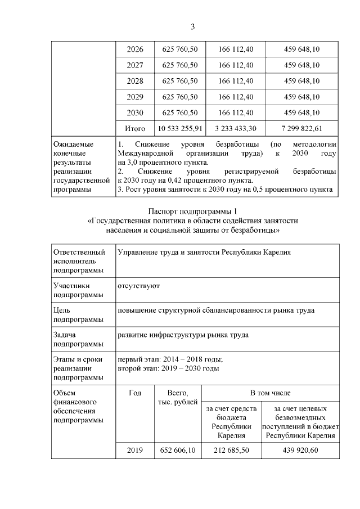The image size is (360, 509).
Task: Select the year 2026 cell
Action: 135,49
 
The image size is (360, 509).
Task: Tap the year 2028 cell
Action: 135,81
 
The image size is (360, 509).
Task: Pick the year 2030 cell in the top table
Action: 135,112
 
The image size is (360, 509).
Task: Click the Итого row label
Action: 135,129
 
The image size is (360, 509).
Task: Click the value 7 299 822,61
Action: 303,129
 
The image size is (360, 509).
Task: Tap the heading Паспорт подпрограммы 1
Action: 192,211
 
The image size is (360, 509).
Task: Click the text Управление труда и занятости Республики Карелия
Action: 204,253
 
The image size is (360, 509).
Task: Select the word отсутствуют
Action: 138,286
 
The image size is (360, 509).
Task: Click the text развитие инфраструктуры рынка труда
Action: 183,335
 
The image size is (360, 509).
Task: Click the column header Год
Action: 135,393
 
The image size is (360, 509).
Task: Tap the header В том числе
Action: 271,393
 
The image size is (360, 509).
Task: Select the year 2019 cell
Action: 135,451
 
